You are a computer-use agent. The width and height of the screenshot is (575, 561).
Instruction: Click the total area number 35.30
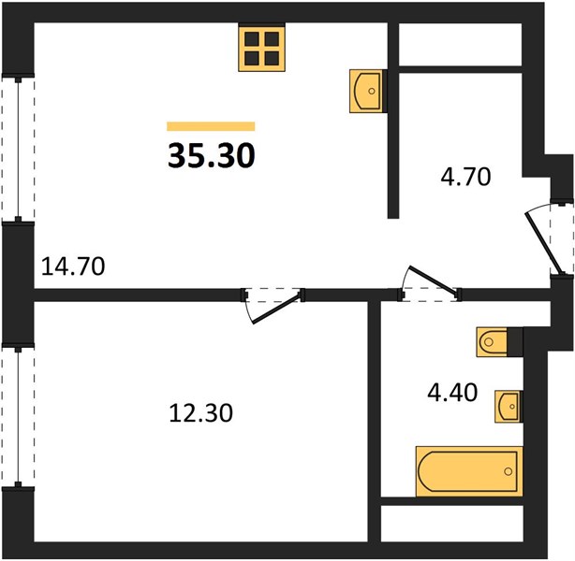pos(212,155)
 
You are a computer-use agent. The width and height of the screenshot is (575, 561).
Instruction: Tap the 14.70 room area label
pos(73,266)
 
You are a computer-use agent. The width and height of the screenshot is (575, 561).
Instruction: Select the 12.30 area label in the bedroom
pos(201,413)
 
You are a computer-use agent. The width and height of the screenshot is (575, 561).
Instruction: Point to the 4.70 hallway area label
pos(465,177)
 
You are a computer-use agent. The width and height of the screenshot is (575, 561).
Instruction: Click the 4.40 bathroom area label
pos(452,392)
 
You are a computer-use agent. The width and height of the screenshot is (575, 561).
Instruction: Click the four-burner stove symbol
pos(262,48)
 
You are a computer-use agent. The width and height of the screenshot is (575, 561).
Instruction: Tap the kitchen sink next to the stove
pos(367,91)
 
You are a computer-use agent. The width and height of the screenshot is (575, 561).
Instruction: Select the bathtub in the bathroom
pos(469,471)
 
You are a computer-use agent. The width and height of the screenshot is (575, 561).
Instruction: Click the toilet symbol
pos(493,342)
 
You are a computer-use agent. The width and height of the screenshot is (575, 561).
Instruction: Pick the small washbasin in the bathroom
pos(509,407)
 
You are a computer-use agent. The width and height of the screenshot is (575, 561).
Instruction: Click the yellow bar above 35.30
pos(211,126)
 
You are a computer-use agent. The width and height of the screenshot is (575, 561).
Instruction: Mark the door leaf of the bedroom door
pos(275,309)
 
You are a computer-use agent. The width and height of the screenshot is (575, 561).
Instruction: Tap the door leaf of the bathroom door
pos(433,280)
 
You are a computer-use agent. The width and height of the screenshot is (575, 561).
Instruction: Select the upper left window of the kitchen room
pos(18,148)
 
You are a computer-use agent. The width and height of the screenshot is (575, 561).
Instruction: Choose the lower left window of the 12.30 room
pos(18,416)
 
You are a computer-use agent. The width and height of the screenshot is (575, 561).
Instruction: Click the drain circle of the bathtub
pos(508,471)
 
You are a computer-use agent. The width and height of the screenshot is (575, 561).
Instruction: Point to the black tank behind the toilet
pos(515,342)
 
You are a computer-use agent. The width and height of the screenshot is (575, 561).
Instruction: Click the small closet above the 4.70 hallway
pos(460,45)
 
